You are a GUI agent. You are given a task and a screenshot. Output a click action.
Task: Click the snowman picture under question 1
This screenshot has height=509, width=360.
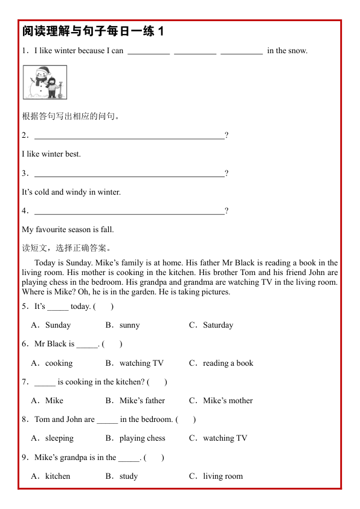[45, 82]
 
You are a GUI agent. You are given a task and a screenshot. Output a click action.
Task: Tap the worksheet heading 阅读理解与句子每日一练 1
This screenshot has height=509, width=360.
[93, 31]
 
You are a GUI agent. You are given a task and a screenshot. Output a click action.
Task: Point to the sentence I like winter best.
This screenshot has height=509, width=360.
[51, 154]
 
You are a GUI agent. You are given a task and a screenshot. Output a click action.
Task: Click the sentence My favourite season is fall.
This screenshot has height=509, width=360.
[68, 230]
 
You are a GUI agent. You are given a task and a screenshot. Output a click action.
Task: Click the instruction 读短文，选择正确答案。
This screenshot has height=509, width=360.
[66, 248]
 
